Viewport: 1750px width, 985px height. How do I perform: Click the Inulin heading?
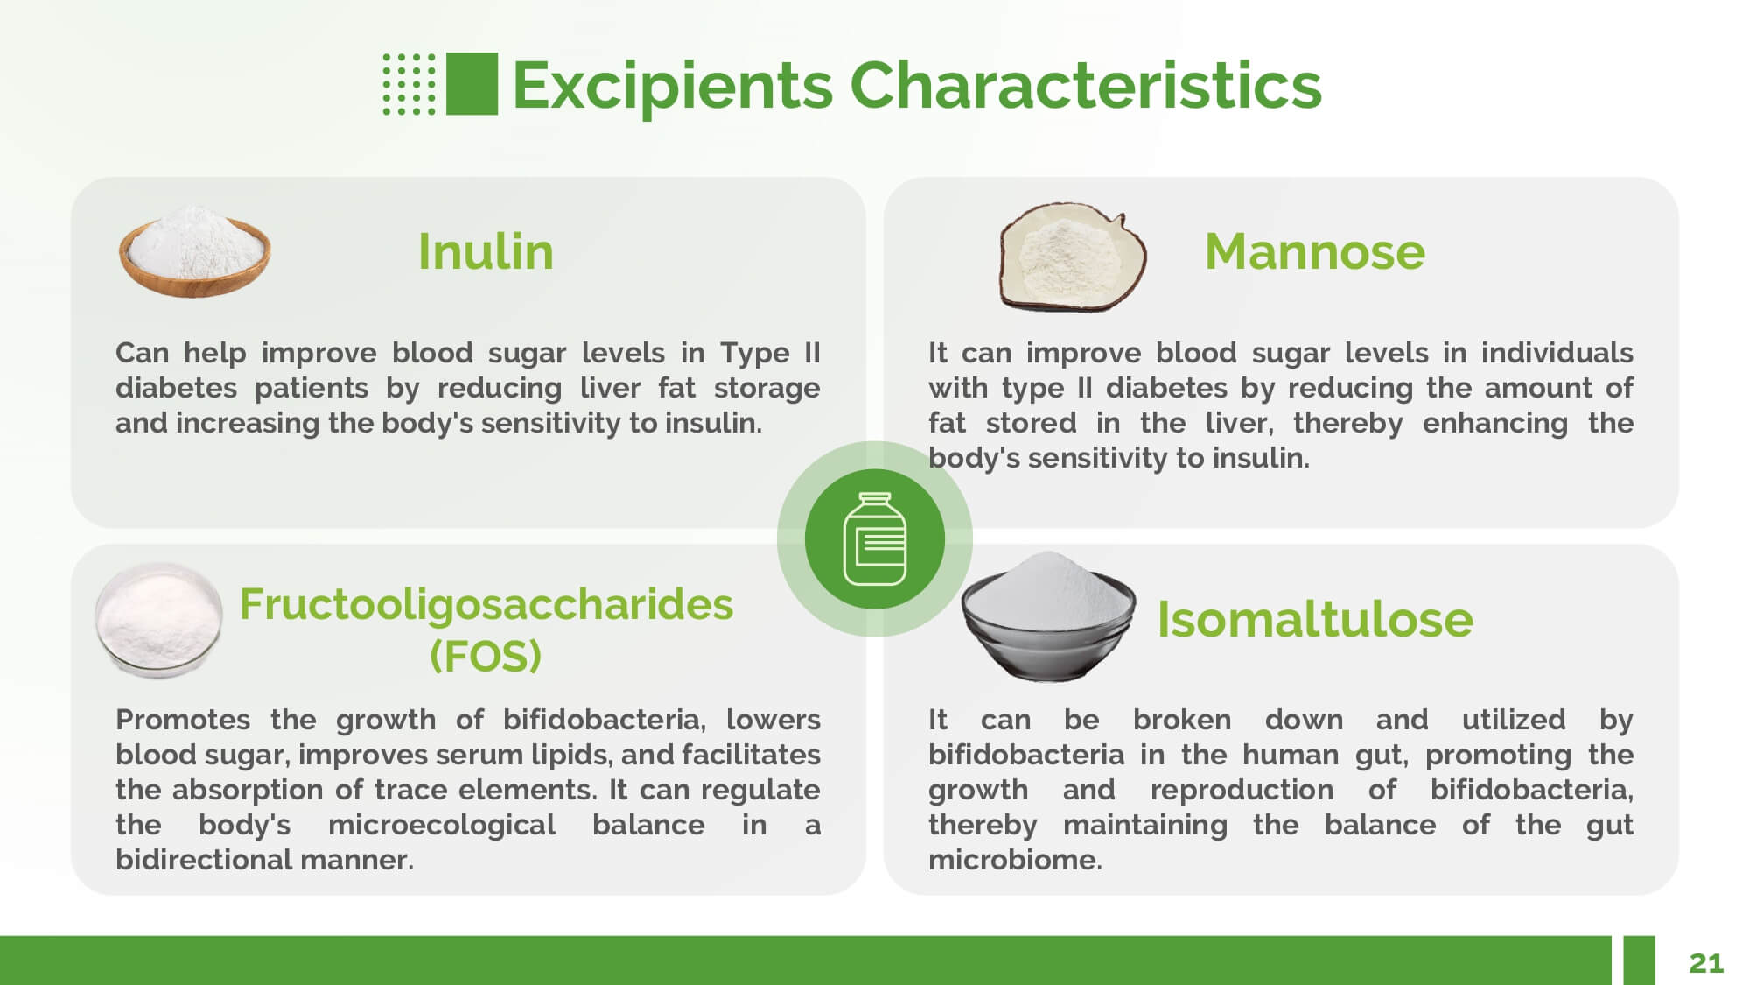pos(486,251)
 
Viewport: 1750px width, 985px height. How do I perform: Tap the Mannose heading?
pos(1314,251)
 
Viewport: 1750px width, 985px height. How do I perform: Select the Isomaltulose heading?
pos(1314,619)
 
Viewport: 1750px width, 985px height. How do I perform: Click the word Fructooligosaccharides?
pos(486,604)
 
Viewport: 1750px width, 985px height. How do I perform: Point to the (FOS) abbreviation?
pos(486,655)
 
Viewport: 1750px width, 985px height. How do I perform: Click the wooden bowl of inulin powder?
pos(194,251)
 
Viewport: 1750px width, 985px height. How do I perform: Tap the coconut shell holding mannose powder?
pos(1073,257)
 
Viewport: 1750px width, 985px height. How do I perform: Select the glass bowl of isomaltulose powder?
pos(1048,616)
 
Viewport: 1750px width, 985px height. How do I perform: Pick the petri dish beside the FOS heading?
pos(158,620)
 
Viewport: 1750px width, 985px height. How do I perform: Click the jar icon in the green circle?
pos(875,538)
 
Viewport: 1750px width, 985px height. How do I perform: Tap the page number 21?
pos(1706,963)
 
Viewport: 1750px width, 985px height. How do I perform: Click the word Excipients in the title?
pos(672,87)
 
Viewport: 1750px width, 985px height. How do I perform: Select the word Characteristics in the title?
pos(1086,85)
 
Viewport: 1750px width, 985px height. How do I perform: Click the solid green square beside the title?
pos(472,84)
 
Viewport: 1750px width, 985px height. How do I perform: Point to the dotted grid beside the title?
pos(409,84)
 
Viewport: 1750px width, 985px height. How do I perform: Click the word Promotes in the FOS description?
pos(183,720)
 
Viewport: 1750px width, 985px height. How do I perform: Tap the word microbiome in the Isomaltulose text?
pos(1015,860)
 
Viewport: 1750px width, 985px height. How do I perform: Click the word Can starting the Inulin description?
pos(142,353)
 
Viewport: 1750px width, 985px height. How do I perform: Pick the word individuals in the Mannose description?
pos(1557,353)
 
